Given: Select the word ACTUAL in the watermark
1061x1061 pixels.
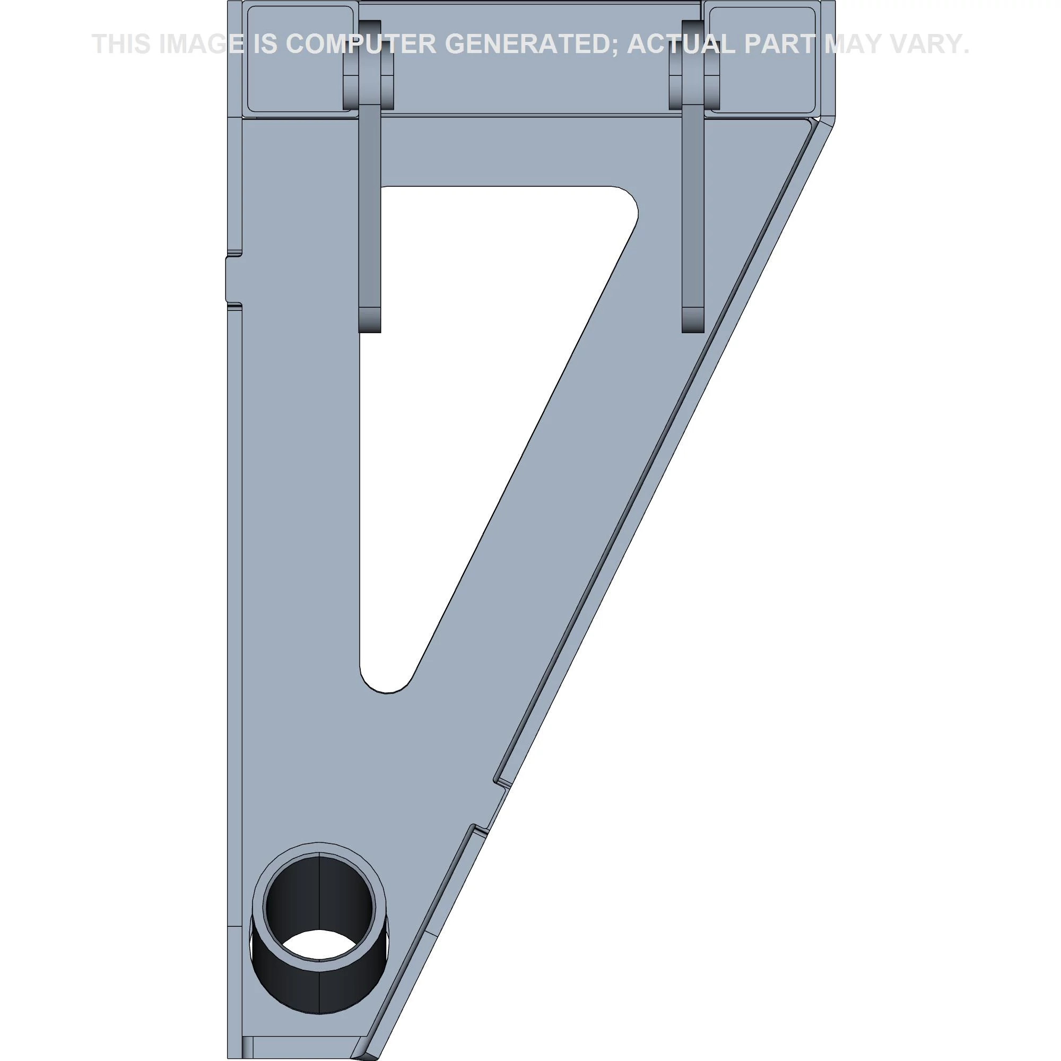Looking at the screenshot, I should pos(681,44).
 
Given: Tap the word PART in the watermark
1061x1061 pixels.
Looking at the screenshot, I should pos(779,44).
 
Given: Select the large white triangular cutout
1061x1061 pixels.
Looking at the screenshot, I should pos(467,385).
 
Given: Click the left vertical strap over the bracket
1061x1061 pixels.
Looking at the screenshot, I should pos(369,220).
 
